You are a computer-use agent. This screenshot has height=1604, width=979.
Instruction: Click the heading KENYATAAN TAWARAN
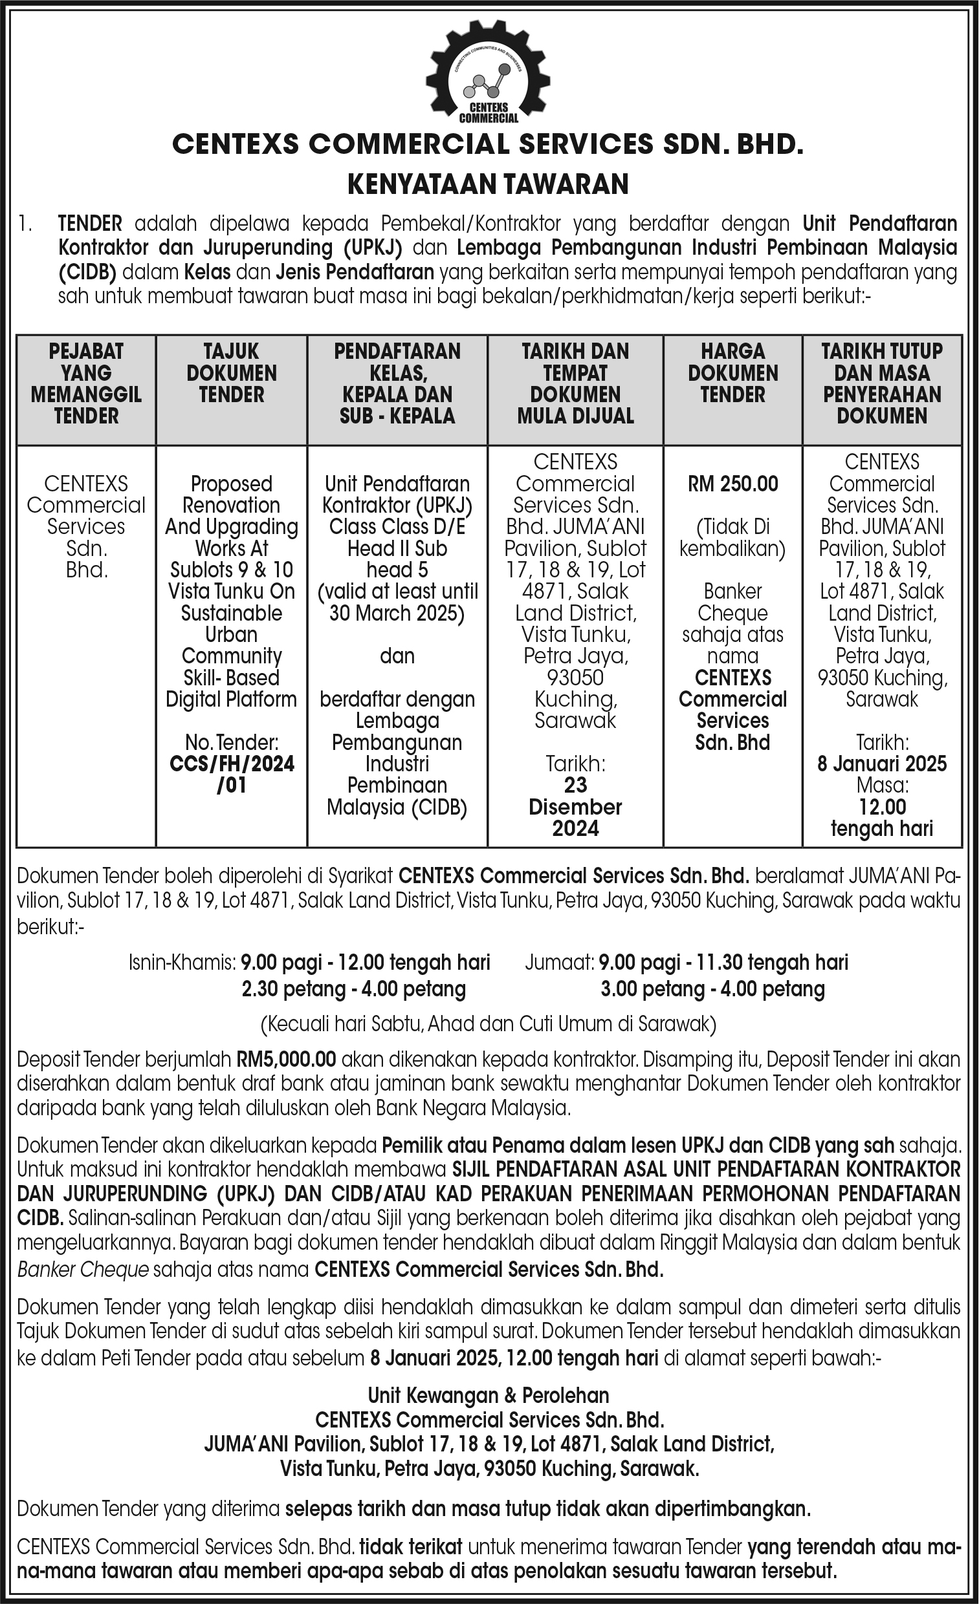click(488, 184)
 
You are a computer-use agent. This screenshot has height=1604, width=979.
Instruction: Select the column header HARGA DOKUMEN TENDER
click(732, 373)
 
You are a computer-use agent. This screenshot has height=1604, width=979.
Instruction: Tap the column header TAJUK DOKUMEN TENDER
click(231, 373)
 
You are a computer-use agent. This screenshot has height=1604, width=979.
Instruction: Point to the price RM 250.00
click(732, 484)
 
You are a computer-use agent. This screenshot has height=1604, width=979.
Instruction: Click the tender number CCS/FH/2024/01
click(231, 774)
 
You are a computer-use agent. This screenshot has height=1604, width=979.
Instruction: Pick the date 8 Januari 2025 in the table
click(882, 764)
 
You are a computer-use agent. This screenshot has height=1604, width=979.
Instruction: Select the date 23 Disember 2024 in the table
click(575, 807)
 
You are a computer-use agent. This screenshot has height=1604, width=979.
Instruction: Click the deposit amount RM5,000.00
click(286, 1060)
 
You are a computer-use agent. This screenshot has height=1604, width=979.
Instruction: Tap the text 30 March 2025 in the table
click(397, 613)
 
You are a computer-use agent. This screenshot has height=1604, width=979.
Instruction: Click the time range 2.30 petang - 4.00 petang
click(354, 989)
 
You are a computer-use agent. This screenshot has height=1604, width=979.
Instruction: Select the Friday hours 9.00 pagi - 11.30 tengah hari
click(723, 962)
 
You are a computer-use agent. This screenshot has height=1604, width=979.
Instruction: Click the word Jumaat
click(559, 962)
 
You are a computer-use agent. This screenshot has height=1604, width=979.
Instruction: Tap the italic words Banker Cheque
click(83, 1269)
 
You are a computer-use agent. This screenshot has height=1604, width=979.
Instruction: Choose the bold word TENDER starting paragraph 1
click(90, 224)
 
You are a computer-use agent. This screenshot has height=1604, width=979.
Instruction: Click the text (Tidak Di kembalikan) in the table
click(732, 538)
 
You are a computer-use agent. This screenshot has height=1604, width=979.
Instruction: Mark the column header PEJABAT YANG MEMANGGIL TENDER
click(86, 383)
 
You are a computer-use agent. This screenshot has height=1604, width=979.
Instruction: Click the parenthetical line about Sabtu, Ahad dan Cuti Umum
click(488, 1025)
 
